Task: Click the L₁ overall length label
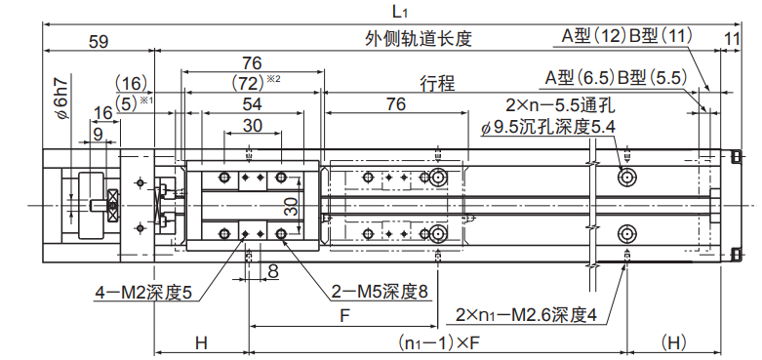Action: [399, 12]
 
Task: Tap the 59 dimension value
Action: [99, 41]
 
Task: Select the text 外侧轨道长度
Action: [419, 38]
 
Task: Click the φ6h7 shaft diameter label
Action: [62, 98]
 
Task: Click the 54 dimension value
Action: [252, 104]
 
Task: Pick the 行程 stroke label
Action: [437, 84]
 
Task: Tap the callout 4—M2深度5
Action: [143, 293]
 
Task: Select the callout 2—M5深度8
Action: [380, 292]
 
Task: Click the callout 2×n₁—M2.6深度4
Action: [526, 316]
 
